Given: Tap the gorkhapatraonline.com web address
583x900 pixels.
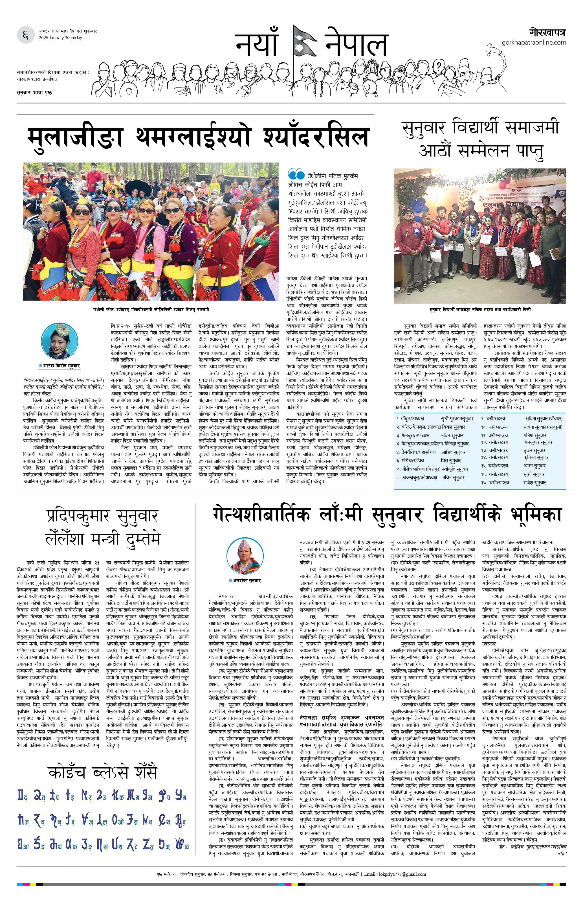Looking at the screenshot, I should [534, 42].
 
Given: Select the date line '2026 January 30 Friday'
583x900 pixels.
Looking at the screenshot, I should [60, 38].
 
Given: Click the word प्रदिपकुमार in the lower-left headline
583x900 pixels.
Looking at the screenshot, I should [78, 516].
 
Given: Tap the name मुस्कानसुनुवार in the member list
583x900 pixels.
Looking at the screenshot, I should [457, 419].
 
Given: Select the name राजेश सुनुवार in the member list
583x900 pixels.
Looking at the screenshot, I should [534, 483].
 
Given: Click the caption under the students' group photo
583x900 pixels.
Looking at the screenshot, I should [480, 309].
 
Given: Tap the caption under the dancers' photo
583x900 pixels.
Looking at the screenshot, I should [151, 309].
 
